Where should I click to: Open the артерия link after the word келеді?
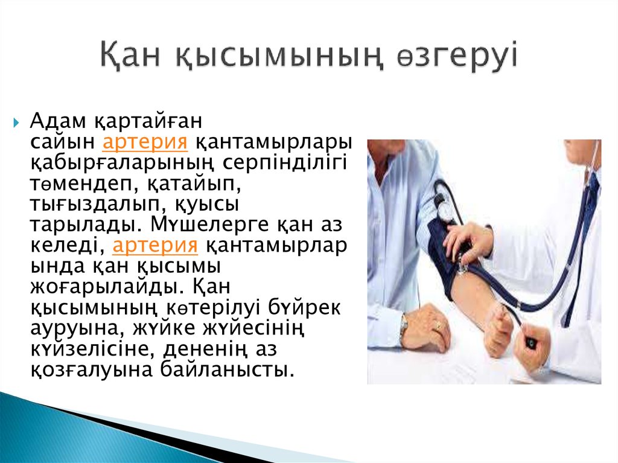point(155,246)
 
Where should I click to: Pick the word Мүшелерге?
point(196,225)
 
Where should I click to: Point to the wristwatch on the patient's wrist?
point(404,327)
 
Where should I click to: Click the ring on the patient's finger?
point(438,326)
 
